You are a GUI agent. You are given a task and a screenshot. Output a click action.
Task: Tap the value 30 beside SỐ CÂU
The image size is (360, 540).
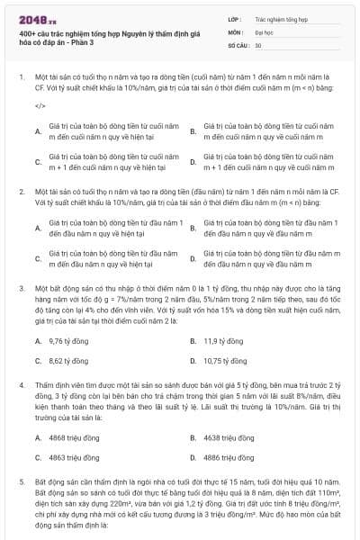pyautogui.click(x=258, y=43)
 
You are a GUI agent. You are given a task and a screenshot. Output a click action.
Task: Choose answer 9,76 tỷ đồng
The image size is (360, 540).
pyautogui.click(x=67, y=341)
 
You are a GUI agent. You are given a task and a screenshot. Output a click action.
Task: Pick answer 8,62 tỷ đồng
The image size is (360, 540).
pyautogui.click(x=67, y=360)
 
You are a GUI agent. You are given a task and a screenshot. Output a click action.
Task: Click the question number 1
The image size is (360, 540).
pyautogui.click(x=21, y=77)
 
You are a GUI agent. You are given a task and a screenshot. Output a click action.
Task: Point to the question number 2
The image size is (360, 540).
pyautogui.click(x=21, y=192)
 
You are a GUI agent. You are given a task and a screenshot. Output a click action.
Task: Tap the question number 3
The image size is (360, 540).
pyautogui.click(x=21, y=288)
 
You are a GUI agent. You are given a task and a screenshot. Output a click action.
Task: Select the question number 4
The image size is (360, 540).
pyautogui.click(x=21, y=384)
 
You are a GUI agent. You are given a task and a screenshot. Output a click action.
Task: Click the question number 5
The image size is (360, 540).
pyautogui.click(x=21, y=481)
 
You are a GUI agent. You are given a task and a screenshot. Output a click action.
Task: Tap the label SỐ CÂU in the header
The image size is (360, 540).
pyautogui.click(x=238, y=43)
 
